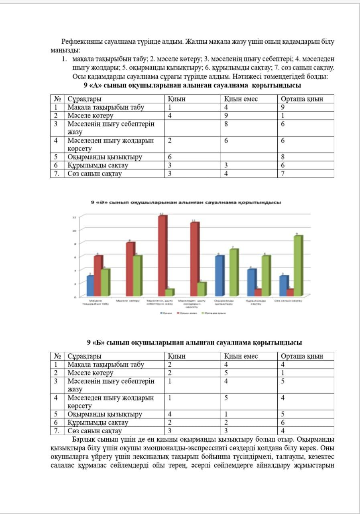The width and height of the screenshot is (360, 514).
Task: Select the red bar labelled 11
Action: click(194, 259)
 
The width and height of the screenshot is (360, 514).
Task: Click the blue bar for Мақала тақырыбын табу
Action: click(90, 286)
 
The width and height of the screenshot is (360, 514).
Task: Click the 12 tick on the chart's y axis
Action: click(74, 217)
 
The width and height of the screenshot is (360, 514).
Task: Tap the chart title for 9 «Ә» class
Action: click(185, 202)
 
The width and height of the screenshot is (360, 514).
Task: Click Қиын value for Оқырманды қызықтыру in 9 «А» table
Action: click(170, 157)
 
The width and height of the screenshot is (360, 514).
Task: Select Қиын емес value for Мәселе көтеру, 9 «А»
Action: click(226, 116)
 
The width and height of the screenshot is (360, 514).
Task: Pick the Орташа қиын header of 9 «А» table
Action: click(302, 99)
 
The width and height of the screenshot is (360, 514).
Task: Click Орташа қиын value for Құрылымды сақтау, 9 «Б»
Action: click(283, 422)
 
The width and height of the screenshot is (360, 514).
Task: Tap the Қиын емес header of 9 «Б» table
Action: click(241, 356)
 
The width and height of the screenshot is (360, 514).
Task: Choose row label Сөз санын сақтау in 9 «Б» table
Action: click(94, 431)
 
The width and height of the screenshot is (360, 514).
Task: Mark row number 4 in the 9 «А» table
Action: click(57, 140)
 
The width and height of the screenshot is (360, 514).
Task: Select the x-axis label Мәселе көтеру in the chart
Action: click(128, 301)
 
